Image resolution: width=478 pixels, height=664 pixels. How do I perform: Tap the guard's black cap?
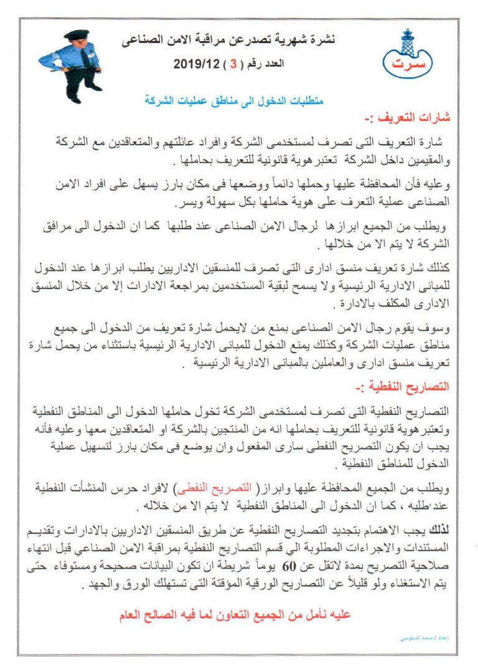tap(77, 34)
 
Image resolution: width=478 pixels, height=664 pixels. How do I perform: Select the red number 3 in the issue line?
tap(234, 63)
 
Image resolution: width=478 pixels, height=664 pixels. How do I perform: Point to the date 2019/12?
tap(194, 63)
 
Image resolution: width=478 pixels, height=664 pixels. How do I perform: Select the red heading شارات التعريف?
tap(418, 117)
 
